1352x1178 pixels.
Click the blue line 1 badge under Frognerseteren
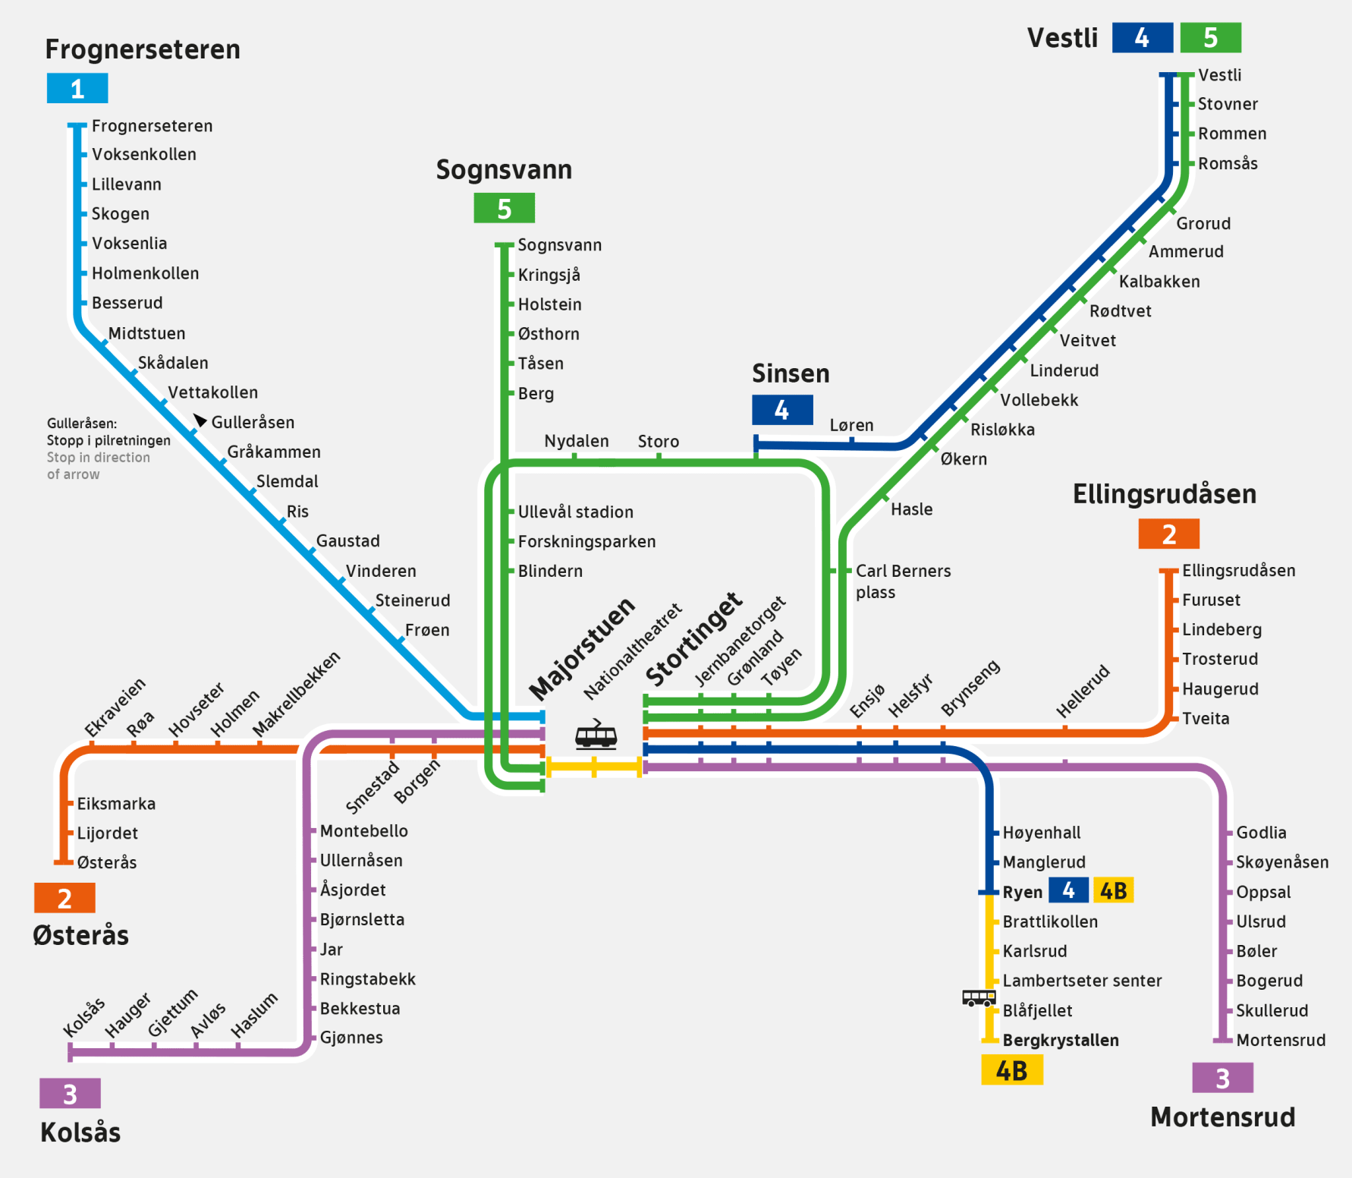point(77,89)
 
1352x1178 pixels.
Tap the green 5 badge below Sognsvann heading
point(504,208)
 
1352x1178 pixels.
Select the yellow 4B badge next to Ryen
point(1113,890)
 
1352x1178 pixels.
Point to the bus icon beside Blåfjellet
point(979,997)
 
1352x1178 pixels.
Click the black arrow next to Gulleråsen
point(200,420)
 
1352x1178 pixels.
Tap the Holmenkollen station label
point(145,273)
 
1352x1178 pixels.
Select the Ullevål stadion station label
point(575,512)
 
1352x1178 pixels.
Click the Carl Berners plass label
point(902,581)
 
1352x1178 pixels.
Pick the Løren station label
point(851,425)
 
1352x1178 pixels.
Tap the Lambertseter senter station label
point(1082,981)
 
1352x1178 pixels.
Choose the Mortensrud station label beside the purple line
point(1281,1040)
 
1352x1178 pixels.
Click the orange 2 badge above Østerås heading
point(64,899)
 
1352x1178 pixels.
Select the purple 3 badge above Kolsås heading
point(70,1094)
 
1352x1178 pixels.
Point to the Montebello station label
point(363,831)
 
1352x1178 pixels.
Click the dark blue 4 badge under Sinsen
point(781,411)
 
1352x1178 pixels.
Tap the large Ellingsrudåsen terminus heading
point(1164,494)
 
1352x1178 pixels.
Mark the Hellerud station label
point(1083,691)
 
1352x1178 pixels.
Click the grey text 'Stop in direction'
point(99,458)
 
